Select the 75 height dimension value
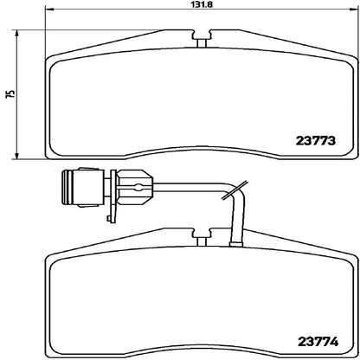[x=8, y=94]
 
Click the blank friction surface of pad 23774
[x=173, y=303]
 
